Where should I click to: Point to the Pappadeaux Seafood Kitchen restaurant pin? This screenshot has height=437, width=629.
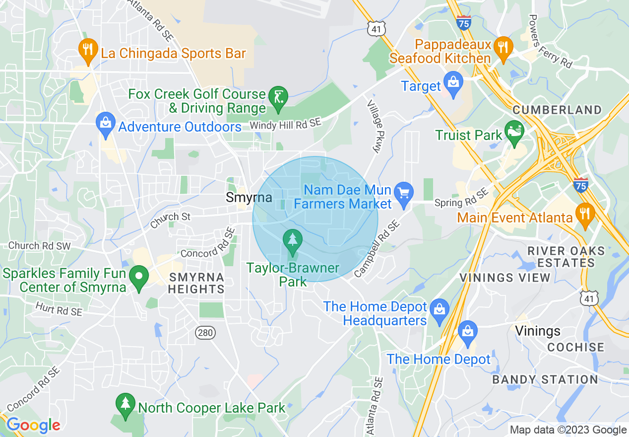point(503,48)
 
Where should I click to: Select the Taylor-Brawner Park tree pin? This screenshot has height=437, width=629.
point(293,240)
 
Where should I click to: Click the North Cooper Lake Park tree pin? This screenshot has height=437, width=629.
point(125,404)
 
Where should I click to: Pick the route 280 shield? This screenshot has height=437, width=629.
point(205,332)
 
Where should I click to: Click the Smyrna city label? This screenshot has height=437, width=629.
point(249,198)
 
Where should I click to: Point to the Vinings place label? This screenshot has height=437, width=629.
point(538,331)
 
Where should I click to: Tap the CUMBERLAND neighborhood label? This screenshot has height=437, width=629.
point(557,110)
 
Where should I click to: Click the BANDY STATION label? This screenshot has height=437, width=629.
point(545,380)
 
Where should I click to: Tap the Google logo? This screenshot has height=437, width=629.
point(33,425)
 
